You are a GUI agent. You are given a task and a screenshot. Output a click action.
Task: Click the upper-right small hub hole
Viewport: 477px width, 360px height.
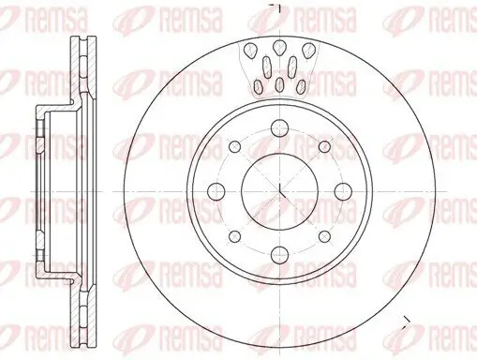pyautogui.click(x=324, y=147)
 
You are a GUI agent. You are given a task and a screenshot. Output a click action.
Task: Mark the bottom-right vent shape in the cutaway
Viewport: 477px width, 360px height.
pyautogui.click(x=301, y=86)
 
